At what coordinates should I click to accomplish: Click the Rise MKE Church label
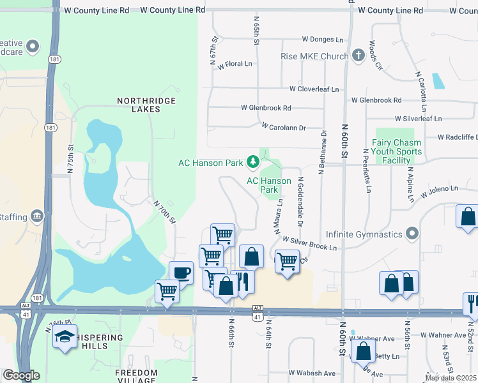click(x=314, y=56)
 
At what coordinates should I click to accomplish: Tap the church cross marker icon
click(x=358, y=56)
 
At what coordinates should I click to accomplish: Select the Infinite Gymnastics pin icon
click(x=412, y=234)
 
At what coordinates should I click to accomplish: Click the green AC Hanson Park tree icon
click(x=253, y=162)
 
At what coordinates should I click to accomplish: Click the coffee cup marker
click(x=181, y=273)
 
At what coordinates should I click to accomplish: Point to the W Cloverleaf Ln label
click(x=314, y=89)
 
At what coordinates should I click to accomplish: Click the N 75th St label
click(x=70, y=156)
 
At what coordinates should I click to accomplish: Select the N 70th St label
click(x=165, y=211)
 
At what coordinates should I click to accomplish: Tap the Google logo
click(x=22, y=375)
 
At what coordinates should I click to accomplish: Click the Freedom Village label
click(x=136, y=376)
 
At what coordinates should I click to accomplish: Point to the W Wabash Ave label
click(x=312, y=373)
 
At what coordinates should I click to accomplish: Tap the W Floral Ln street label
click(x=235, y=64)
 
